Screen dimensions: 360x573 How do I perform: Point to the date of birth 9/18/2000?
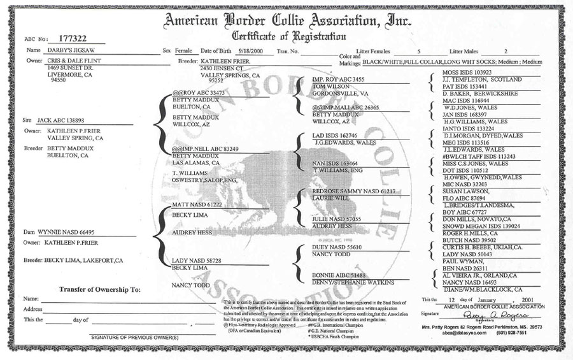251,50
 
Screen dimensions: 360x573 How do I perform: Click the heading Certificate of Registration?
289,36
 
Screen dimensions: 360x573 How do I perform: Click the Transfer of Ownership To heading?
99,289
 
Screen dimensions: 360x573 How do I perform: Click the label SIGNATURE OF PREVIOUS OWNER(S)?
135,336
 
